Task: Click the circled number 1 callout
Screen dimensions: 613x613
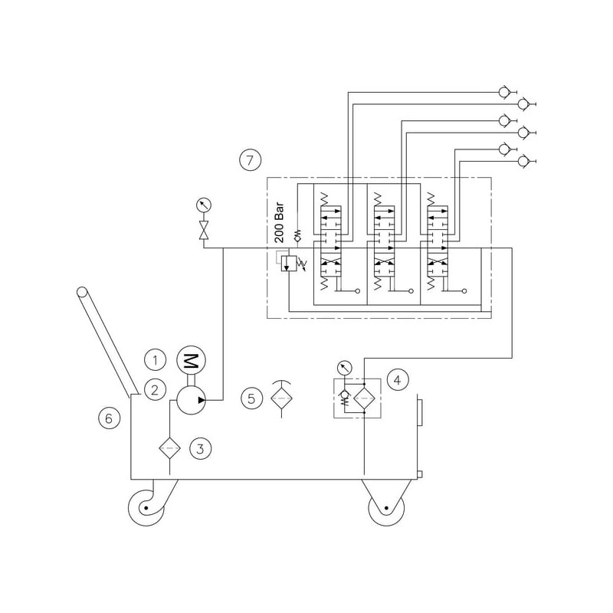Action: (x=156, y=359)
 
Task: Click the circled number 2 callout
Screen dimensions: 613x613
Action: (x=156, y=389)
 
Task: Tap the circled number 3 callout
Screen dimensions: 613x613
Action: (x=199, y=448)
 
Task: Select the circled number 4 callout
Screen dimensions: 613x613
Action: (x=396, y=379)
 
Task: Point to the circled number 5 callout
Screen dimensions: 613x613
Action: (x=251, y=398)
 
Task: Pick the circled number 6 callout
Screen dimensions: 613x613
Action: (x=109, y=418)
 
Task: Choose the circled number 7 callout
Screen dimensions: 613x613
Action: (x=251, y=160)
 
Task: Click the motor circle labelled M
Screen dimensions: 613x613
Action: (x=188, y=360)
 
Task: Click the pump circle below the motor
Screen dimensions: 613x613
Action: (x=188, y=400)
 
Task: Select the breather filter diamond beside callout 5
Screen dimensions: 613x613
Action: (x=281, y=398)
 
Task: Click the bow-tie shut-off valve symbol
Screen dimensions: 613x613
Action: (x=205, y=231)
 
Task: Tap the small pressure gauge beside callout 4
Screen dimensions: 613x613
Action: (x=342, y=367)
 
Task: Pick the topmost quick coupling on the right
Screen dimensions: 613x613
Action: (x=503, y=93)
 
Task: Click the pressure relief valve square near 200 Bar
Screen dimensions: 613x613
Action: (x=287, y=263)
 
